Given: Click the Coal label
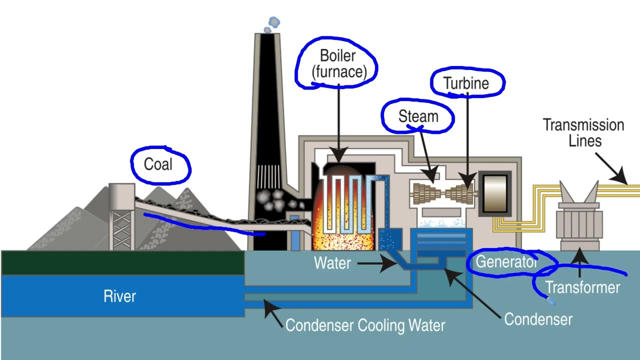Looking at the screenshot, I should point(158,164).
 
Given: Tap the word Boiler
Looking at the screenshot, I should point(338,55).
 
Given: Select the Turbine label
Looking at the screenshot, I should point(466,83).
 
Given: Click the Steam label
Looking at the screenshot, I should point(418,116).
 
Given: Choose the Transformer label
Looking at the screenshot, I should point(582,287).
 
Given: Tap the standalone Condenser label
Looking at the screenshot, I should point(538,318).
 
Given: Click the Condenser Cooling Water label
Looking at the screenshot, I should point(365,325).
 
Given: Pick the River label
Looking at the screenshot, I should point(120,296).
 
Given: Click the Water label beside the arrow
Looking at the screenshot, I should point(332,262).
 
